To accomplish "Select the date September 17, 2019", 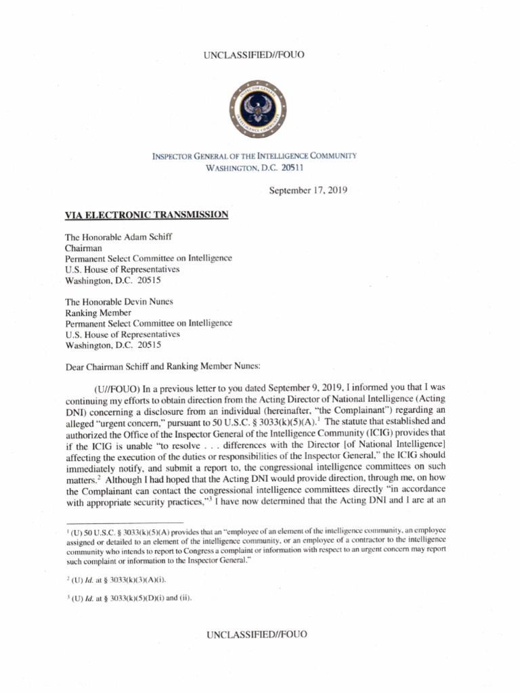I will (x=308, y=191).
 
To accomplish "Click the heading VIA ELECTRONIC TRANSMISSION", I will (x=146, y=215).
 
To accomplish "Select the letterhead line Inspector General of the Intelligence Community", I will (x=257, y=156).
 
